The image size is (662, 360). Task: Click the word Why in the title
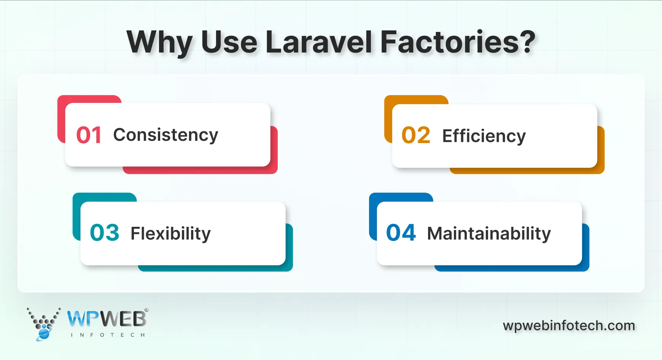click(159, 43)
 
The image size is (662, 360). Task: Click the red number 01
click(89, 135)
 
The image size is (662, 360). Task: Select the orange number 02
click(416, 135)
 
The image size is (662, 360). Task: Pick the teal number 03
click(105, 233)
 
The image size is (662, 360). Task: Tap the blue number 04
click(401, 233)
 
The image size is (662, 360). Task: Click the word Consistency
click(165, 135)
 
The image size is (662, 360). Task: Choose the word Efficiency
click(484, 136)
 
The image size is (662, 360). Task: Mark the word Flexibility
click(170, 234)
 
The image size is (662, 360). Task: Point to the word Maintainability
click(489, 234)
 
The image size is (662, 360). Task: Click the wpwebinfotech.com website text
click(569, 326)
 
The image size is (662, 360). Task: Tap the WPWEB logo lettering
click(107, 319)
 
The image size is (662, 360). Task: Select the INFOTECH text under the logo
click(108, 335)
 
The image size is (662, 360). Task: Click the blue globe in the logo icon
click(44, 334)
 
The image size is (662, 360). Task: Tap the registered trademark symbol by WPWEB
click(146, 310)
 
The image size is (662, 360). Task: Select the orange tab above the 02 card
click(416, 99)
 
